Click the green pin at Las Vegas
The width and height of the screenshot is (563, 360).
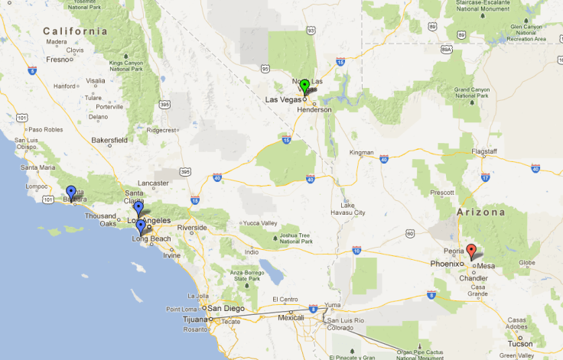click(x=304, y=86)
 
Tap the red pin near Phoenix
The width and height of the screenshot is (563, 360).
click(x=472, y=250)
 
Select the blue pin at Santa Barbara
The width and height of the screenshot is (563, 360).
click(x=71, y=192)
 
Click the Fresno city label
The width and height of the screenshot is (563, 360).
click(x=58, y=59)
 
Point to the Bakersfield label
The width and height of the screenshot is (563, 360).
click(x=109, y=141)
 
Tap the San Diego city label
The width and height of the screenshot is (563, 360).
click(x=229, y=308)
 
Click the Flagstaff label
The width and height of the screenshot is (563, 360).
click(x=484, y=151)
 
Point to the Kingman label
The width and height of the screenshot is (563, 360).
click(x=361, y=152)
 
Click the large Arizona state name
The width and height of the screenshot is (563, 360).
click(x=481, y=212)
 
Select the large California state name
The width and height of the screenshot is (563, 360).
click(x=76, y=31)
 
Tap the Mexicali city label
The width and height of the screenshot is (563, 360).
click(x=291, y=316)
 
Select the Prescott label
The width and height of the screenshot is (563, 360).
click(x=442, y=193)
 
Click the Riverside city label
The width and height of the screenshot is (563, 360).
click(x=192, y=228)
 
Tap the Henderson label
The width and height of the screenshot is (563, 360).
click(x=314, y=109)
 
